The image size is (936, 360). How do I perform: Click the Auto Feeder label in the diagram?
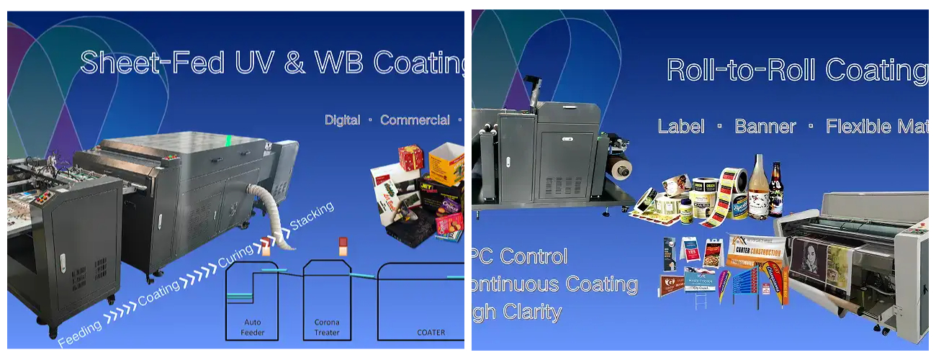[x=253, y=328]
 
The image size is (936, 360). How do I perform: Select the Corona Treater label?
[x=328, y=328]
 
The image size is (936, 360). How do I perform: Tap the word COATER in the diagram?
[x=431, y=333]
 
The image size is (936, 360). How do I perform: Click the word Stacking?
[x=312, y=216]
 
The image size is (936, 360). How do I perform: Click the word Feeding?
[x=79, y=332]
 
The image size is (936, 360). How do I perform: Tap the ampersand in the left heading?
[x=294, y=62]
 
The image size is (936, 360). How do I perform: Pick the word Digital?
[x=342, y=120]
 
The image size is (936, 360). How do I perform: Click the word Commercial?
[x=415, y=120]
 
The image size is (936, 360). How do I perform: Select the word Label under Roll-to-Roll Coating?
[x=681, y=127]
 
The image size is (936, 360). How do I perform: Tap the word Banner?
[x=765, y=127]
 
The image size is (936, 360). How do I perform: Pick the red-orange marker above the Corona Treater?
[x=343, y=246]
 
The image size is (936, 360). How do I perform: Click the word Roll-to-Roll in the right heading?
[x=741, y=70]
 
